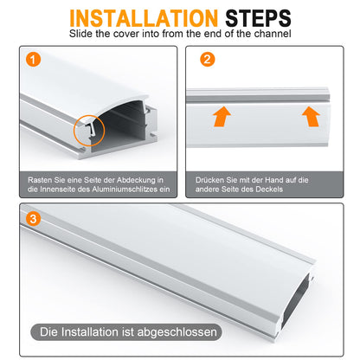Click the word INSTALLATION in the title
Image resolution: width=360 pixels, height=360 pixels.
[x=144, y=18]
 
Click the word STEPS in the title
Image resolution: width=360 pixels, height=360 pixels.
[x=258, y=18]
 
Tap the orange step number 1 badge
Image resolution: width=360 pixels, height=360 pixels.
[x=33, y=60]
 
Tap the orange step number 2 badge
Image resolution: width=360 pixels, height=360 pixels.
[x=208, y=60]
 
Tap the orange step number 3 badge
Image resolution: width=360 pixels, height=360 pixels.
[x=33, y=219]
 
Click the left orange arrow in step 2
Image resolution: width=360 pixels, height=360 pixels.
[x=222, y=116]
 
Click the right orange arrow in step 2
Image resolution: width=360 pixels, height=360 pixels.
[x=311, y=116]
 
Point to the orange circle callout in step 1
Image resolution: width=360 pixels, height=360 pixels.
[x=74, y=130]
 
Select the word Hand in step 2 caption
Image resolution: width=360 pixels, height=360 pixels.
[x=274, y=180]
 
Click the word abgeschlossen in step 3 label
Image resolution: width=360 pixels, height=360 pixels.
[x=177, y=332]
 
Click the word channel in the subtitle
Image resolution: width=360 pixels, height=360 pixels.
[x=273, y=34]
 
